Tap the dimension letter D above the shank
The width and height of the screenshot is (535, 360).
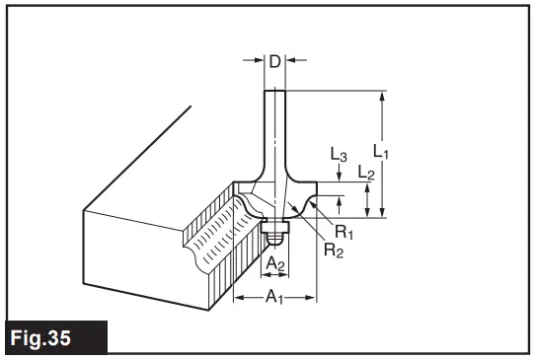(275, 62)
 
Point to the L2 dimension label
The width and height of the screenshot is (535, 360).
(365, 175)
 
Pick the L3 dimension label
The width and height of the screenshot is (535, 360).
(339, 157)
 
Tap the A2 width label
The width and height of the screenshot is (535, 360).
(276, 263)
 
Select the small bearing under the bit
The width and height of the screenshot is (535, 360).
(275, 233)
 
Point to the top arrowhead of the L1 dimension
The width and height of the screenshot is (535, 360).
(383, 97)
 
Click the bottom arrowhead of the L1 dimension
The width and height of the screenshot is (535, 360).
(383, 210)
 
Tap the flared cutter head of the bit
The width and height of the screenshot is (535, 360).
(281, 192)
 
